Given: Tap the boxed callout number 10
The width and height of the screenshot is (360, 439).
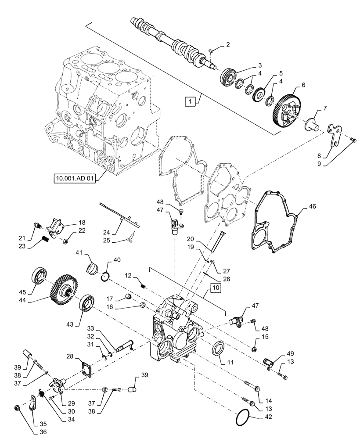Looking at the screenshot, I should click(x=215, y=288).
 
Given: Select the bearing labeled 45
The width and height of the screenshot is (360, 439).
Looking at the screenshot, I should click(x=38, y=280).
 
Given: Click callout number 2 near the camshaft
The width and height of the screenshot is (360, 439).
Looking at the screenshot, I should click(x=227, y=44).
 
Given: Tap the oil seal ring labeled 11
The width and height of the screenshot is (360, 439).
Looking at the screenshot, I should click(x=219, y=349).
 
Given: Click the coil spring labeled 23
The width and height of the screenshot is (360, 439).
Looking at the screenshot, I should click(x=44, y=240).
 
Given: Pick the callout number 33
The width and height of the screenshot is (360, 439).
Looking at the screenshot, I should click(x=90, y=328).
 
